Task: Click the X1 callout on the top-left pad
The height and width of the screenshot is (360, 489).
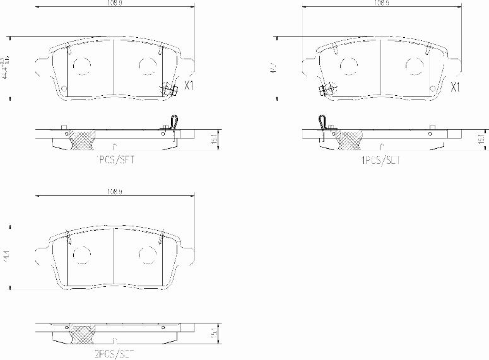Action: [x=188, y=86]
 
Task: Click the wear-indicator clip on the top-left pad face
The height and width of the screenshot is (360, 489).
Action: [x=168, y=90]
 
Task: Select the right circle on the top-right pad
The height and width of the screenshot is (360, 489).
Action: [x=414, y=66]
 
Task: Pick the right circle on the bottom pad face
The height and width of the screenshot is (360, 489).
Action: [x=147, y=254]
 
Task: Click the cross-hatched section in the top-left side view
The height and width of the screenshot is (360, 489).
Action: [x=81, y=139]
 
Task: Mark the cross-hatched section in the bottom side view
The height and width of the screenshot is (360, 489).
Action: [x=81, y=334]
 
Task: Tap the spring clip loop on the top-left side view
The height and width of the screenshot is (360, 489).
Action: [x=175, y=121]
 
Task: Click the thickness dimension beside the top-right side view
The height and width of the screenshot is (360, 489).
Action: [x=481, y=141]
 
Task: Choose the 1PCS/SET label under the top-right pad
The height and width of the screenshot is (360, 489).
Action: [x=380, y=160]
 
